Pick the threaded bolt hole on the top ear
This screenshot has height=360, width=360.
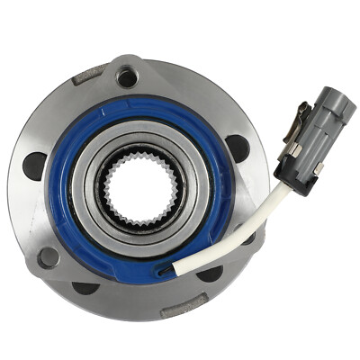[127, 77]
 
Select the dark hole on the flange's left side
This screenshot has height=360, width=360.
[35, 165]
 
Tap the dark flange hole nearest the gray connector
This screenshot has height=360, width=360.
[238, 147]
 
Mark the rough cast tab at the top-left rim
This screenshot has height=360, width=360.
[87, 76]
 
